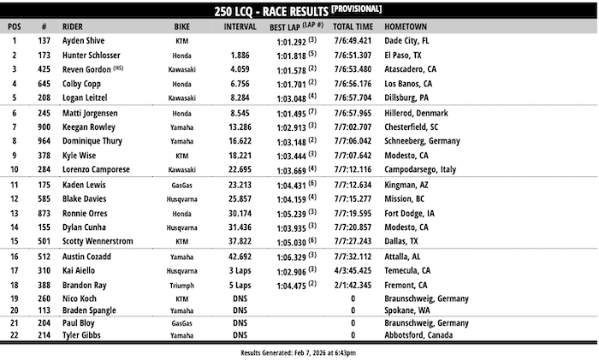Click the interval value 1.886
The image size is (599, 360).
240,55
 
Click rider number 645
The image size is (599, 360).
44,84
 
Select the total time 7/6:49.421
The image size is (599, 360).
352,40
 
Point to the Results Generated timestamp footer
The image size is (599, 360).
298,351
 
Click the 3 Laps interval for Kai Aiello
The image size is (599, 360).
239,270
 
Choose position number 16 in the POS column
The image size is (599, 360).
14,256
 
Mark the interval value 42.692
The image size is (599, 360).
239,256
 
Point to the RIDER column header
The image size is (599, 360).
76,27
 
